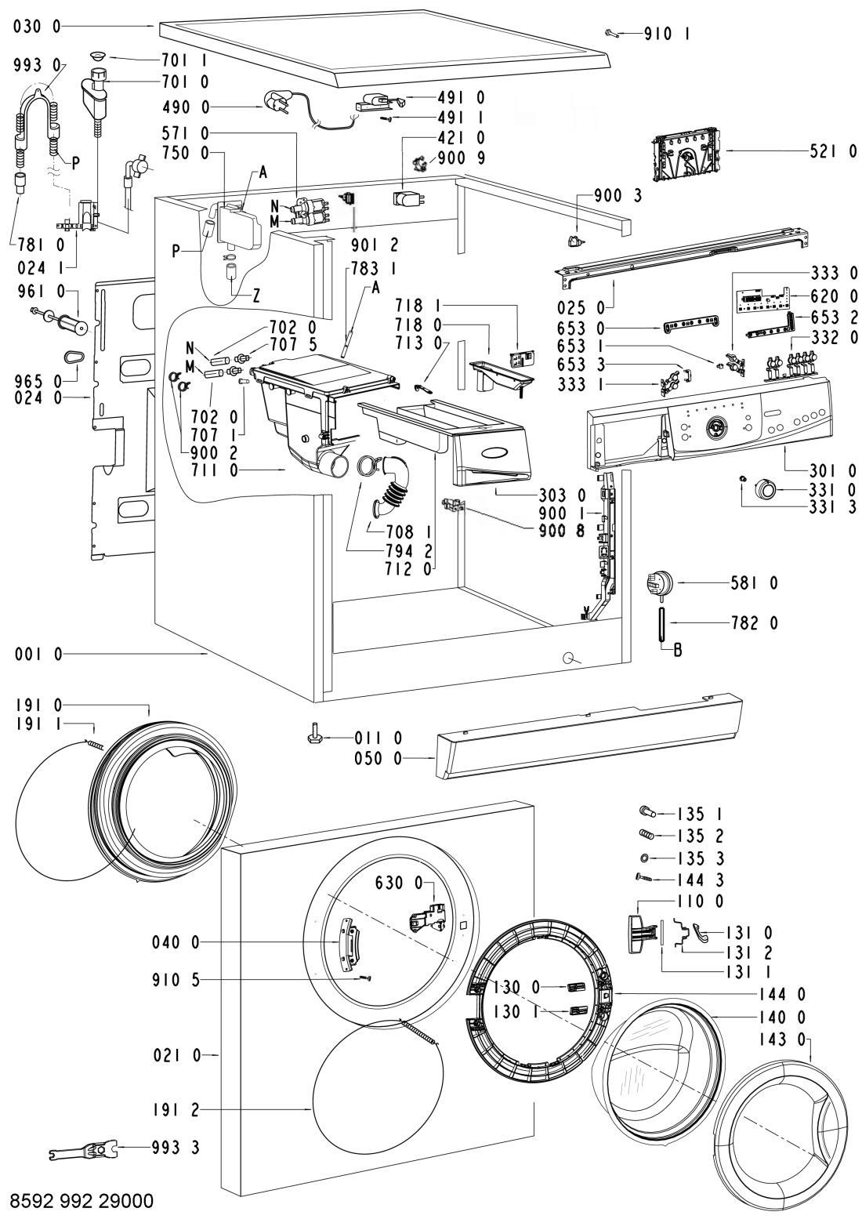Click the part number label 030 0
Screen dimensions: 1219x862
tap(37, 27)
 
